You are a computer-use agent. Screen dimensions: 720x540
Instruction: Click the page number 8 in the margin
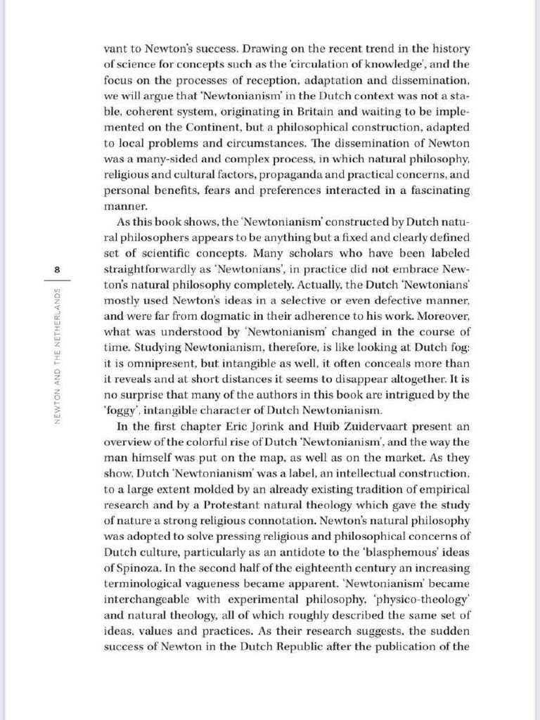(x=57, y=269)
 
